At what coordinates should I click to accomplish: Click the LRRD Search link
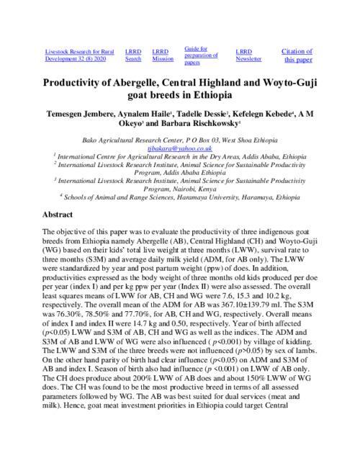132,55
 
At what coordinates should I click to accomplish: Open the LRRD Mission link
163,55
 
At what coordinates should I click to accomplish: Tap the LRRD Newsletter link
248,55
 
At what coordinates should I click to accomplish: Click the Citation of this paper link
297,55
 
